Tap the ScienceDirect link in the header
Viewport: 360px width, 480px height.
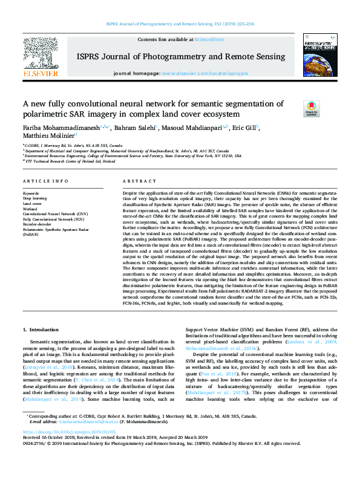pos(209,39)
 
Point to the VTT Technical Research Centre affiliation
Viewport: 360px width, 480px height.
pos(68,161)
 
